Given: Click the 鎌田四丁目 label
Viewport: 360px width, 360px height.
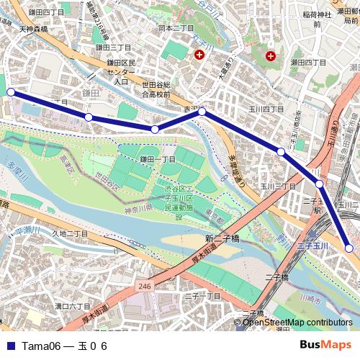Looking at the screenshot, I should (46, 12).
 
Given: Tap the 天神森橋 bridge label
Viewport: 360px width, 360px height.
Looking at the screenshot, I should (33, 30).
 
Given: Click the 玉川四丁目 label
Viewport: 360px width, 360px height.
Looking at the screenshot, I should (266, 109).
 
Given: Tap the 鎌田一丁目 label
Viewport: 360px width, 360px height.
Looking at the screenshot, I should (158, 159).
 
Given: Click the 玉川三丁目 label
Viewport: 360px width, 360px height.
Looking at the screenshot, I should (277, 186).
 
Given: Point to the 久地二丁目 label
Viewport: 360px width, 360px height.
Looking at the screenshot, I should (69, 233).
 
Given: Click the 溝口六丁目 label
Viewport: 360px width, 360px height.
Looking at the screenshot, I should (73, 306).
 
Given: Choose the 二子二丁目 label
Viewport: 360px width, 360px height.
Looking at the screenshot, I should (202, 296).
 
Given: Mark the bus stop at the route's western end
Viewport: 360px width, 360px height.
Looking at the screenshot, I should (11, 92).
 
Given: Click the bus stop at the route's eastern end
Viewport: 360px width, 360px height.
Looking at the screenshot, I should (350, 248).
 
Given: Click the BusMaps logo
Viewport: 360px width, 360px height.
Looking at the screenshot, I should (325, 345).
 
